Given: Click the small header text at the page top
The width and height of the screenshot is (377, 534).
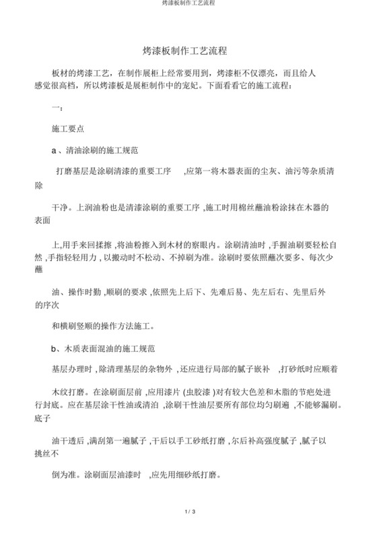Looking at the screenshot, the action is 188,3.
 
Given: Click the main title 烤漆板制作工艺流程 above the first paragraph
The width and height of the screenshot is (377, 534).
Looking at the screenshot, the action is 188,50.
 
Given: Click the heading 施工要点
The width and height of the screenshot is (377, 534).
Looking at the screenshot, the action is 68,126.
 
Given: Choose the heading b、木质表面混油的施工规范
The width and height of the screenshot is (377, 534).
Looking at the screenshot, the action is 104,349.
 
